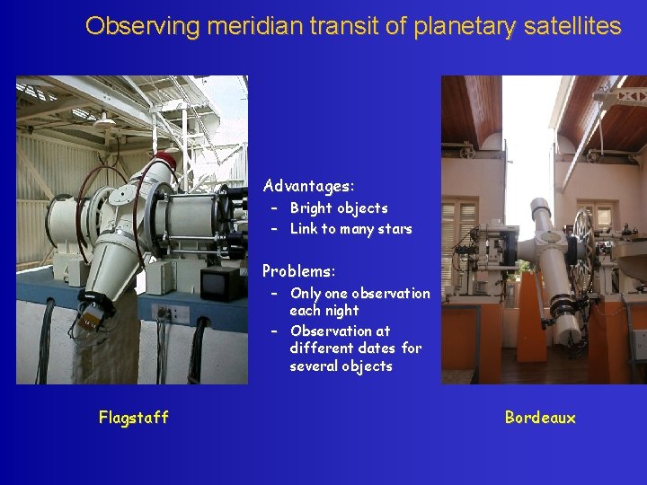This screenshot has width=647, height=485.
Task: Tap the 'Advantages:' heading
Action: [308, 187]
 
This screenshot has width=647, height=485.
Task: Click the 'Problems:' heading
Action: [298, 270]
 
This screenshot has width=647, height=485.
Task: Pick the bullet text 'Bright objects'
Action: [339, 207]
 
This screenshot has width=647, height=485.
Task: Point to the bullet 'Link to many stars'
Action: [350, 228]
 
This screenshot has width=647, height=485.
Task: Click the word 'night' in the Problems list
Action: [342, 311]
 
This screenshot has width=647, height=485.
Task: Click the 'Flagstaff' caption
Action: [134, 417]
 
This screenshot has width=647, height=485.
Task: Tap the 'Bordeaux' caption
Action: [540, 417]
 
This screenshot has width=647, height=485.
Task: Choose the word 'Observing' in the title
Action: [143, 26]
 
